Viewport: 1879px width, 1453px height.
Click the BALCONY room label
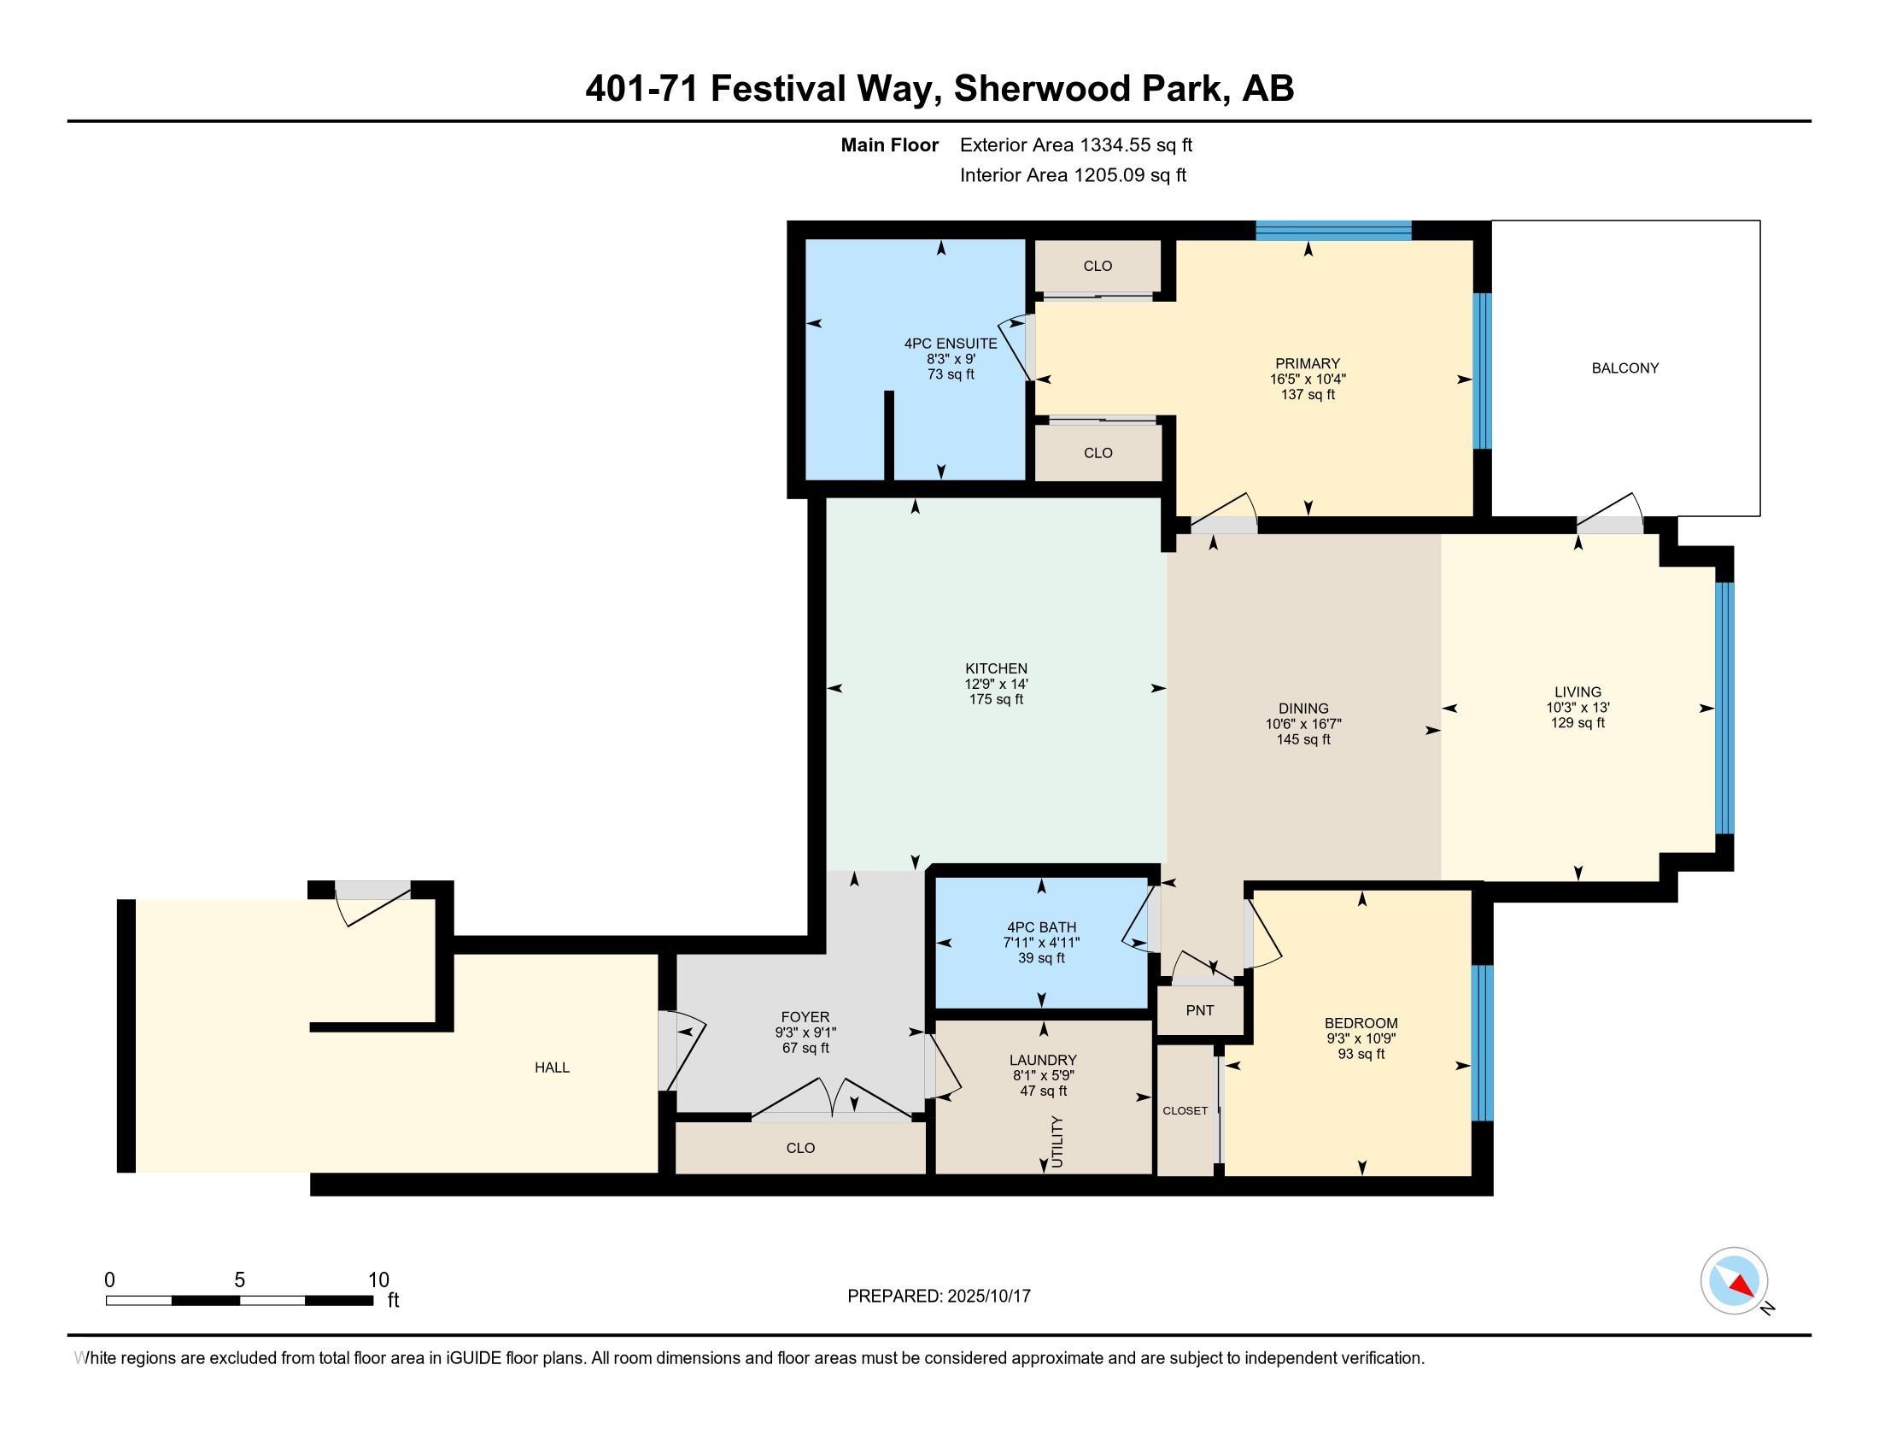pyautogui.click(x=1624, y=368)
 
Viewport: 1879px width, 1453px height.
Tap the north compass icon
pyautogui.click(x=1734, y=1281)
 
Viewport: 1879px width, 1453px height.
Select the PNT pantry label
pyautogui.click(x=1199, y=1010)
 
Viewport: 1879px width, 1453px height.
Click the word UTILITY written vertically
pyautogui.click(x=1057, y=1141)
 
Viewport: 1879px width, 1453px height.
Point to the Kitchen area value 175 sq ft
pyautogui.click(x=996, y=700)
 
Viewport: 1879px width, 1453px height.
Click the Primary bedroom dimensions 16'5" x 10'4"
pyautogui.click(x=1308, y=379)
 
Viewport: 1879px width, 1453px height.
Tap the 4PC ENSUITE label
pyautogui.click(x=951, y=344)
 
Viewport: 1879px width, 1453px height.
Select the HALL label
pyautogui.click(x=553, y=1068)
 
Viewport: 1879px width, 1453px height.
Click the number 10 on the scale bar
pyautogui.click(x=378, y=1280)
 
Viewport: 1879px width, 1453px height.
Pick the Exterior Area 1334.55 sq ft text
pyautogui.click(x=1076, y=145)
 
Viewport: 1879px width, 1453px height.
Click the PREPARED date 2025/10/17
pyautogui.click(x=988, y=1297)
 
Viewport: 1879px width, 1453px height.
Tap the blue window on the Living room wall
pyautogui.click(x=1724, y=709)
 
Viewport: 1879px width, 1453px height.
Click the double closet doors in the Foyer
pyautogui.click(x=832, y=1098)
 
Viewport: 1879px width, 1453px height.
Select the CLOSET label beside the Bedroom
pyautogui.click(x=1185, y=1110)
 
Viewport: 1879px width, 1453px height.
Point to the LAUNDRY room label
pyautogui.click(x=1043, y=1061)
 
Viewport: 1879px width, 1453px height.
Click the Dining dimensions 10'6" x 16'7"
pyautogui.click(x=1303, y=725)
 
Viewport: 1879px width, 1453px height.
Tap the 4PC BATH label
pyautogui.click(x=1041, y=927)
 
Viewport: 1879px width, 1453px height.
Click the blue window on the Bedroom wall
pyautogui.click(x=1483, y=1043)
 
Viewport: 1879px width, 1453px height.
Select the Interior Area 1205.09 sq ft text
pyautogui.click(x=1073, y=175)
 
